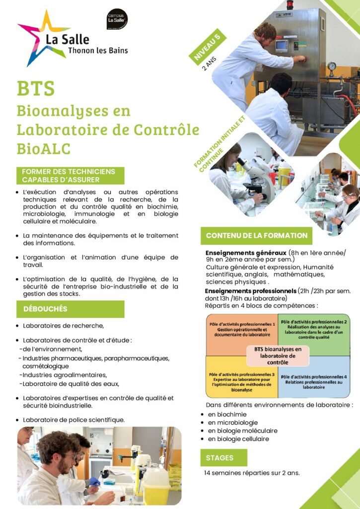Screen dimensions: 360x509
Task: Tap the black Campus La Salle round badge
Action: tap(117, 19)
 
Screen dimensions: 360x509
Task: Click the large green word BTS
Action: tap(36, 88)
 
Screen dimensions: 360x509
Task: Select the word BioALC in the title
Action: tap(44, 148)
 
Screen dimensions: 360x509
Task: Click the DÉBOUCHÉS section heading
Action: tap(71, 309)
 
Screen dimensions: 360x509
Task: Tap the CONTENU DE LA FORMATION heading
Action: tap(256, 236)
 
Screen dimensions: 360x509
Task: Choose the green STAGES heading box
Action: tap(223, 458)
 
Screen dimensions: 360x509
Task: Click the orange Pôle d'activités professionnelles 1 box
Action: tap(242, 334)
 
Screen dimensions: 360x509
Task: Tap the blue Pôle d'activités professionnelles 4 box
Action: tap(314, 380)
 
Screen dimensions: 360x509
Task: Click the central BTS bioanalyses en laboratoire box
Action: tap(278, 356)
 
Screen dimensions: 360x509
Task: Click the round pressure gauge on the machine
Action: tap(331, 66)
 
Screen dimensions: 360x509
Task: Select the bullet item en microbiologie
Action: tap(233, 422)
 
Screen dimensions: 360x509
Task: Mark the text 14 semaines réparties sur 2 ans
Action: tap(252, 473)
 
